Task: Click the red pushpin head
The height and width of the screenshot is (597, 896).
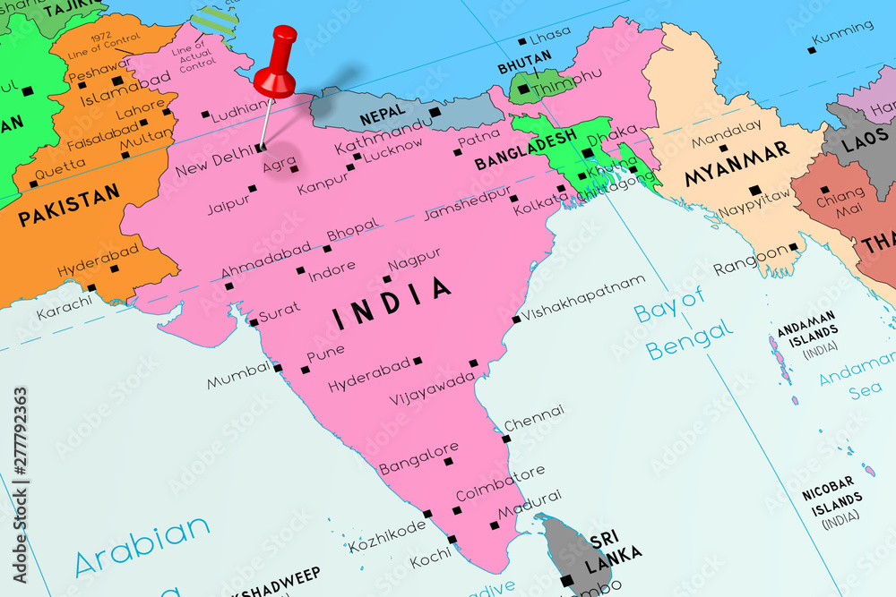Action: click(275, 74)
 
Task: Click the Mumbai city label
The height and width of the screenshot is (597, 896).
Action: click(237, 375)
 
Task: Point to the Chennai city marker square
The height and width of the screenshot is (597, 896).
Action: click(506, 439)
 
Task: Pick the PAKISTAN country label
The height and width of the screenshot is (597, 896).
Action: click(69, 205)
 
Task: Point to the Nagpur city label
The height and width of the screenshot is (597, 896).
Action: click(414, 259)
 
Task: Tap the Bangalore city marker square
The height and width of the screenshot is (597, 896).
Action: click(449, 462)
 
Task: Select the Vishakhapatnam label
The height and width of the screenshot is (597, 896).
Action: click(583, 297)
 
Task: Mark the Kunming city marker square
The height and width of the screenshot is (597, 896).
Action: click(812, 50)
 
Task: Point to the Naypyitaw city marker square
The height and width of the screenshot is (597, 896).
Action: click(754, 190)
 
